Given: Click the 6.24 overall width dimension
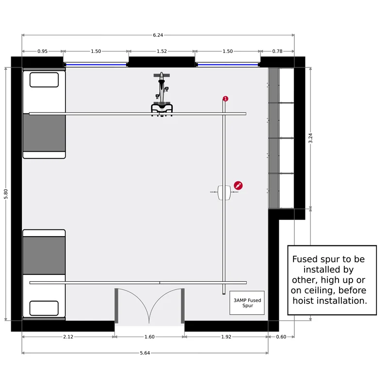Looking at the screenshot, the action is point(158,35).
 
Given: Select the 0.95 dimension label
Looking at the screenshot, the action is point(42,51).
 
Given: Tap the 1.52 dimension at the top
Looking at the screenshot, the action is point(162,51).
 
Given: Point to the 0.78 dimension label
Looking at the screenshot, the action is point(277,51).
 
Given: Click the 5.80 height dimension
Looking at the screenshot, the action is point(6,194).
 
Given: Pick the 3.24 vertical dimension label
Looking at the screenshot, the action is point(310,138).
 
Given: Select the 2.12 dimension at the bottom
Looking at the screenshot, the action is point(68,337).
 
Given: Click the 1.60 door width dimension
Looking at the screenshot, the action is point(149,337).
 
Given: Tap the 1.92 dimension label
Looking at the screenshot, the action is point(226,337).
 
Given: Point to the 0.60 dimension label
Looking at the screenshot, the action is point(281,337).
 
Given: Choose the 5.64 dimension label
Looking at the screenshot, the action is point(145,353).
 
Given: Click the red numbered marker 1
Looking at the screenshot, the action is point(226,99).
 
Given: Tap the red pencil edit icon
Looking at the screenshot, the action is point(238,185).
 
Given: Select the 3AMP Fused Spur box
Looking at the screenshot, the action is point(247,303).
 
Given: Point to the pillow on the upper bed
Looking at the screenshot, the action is point(44,80).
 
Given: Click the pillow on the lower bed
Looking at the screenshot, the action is point(44,308).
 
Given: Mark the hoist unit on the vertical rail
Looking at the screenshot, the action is point(224,193).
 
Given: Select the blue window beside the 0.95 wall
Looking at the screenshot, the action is point(96,65).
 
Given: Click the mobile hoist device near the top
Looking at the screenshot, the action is point(162,94).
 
